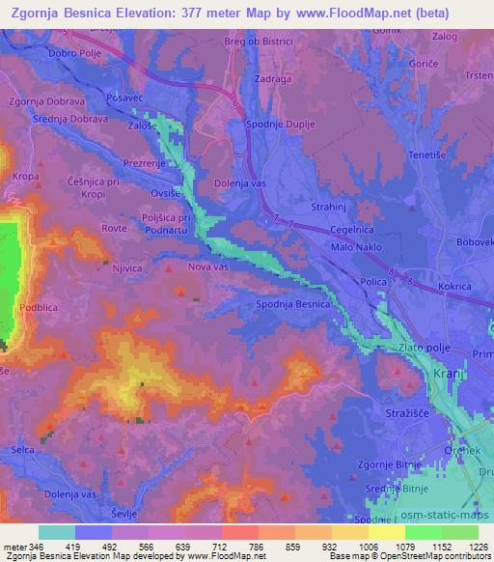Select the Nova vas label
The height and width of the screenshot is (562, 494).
209,267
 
